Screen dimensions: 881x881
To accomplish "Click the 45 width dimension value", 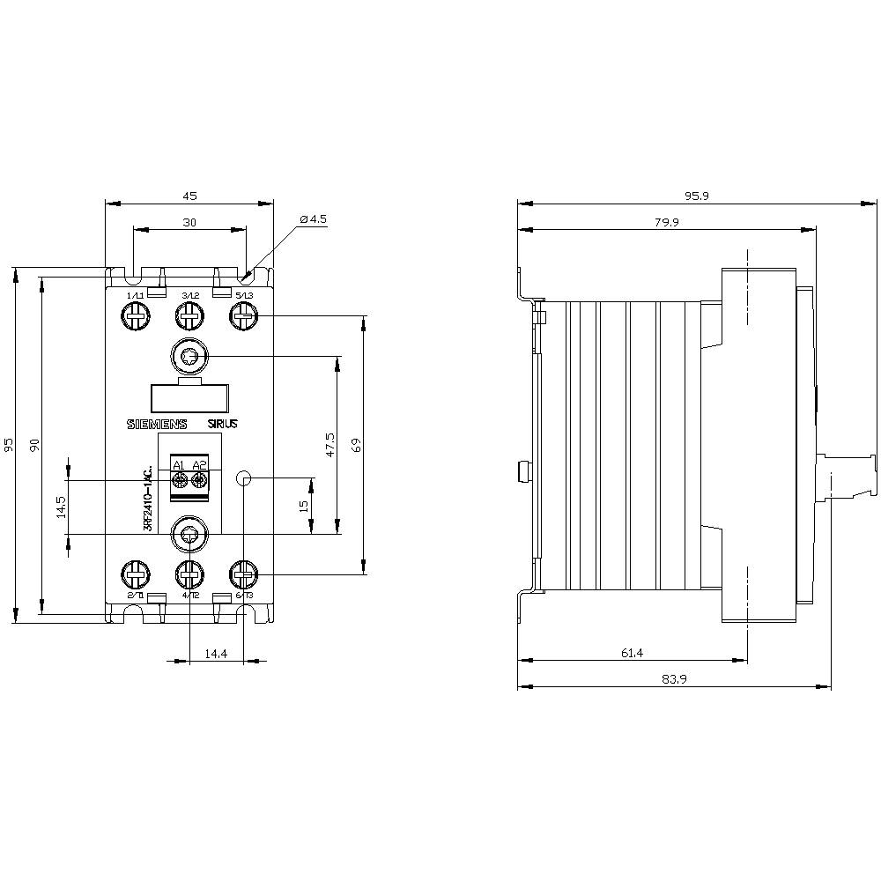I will point(189,196).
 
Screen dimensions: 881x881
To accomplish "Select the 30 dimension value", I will point(189,223).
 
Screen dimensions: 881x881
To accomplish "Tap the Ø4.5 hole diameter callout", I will point(313,218).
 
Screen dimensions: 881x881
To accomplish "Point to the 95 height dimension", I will point(8,444).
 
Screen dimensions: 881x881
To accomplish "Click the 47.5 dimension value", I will point(330,445).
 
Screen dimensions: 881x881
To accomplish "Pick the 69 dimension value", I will point(356,445).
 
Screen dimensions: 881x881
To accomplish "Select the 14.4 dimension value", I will point(217,653).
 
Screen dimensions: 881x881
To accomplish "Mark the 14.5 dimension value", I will point(61,507).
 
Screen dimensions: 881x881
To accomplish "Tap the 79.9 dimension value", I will point(667,222).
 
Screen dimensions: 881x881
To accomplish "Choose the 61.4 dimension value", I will point(633,653).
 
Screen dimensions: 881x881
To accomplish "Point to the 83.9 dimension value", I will point(673,679).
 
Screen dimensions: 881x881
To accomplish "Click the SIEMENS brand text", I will point(159,424).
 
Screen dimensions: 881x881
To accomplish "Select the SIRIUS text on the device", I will point(223,424).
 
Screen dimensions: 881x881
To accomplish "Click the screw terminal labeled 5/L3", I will point(244,315).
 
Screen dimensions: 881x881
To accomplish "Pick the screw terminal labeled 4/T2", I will point(189,576).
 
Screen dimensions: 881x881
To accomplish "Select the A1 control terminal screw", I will point(179,479).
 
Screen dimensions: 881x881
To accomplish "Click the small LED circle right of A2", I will point(245,478).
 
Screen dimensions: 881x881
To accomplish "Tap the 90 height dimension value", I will point(35,444).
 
